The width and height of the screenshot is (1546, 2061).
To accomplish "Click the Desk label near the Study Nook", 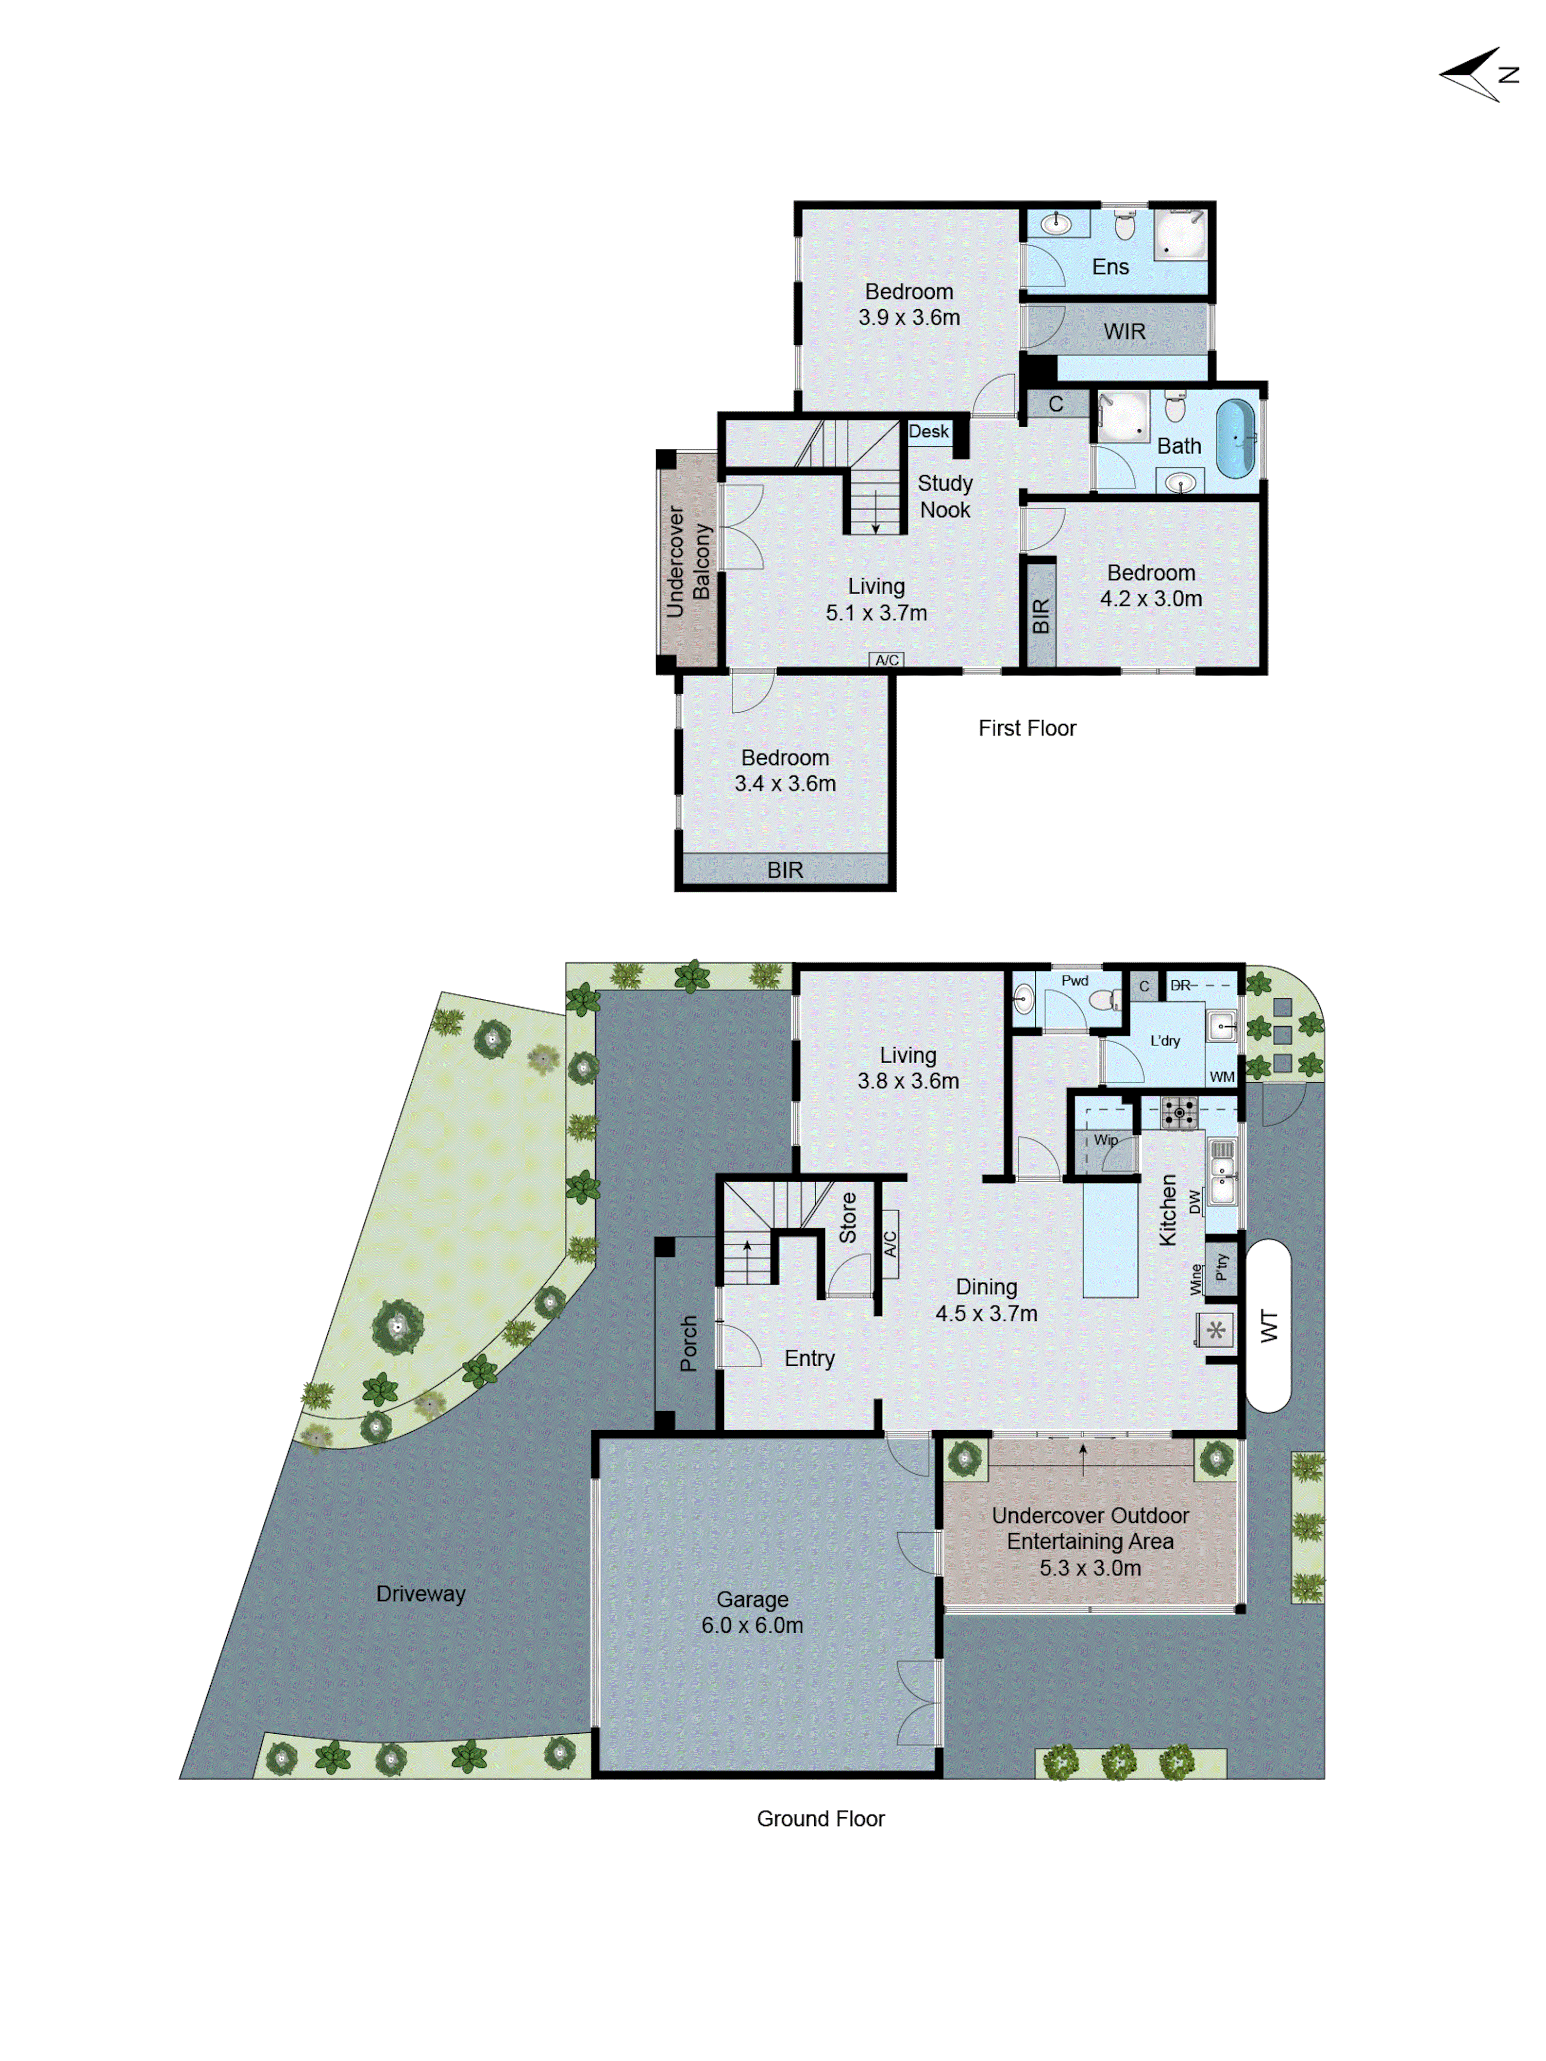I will (x=928, y=431).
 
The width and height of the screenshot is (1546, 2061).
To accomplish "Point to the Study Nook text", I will (x=944, y=497).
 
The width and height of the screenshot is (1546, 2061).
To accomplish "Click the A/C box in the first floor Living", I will (x=886, y=660).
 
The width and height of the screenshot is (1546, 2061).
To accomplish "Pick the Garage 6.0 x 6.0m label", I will (x=752, y=1612).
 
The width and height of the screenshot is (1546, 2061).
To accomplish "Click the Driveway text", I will (x=421, y=1593).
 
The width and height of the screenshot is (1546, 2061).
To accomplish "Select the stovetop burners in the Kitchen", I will (x=1179, y=1113).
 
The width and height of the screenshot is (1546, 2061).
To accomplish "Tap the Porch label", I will (x=688, y=1343).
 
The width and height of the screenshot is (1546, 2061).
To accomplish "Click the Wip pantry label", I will (x=1105, y=1140).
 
